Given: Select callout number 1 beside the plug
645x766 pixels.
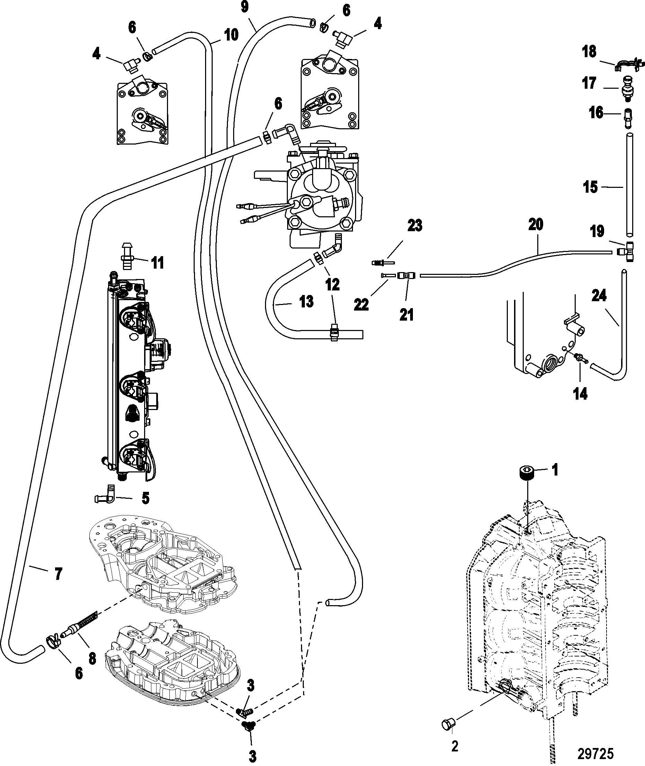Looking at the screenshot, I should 555,470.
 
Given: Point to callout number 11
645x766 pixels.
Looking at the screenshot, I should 158,263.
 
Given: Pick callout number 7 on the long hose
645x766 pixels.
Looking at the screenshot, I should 58,574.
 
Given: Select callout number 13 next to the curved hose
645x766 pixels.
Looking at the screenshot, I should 306,302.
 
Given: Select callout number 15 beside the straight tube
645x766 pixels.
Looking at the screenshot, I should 590,187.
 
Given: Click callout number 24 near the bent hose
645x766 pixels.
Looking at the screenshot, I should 599,296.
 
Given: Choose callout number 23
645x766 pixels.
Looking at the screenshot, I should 415,226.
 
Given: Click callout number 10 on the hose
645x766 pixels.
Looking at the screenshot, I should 231,35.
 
